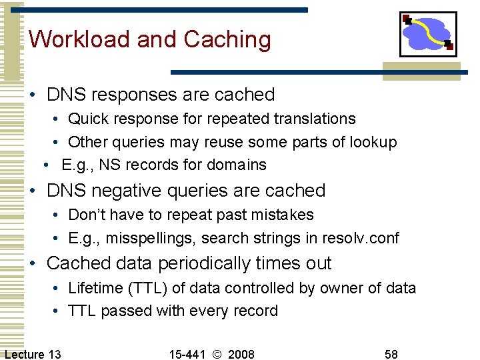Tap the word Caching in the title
click(x=227, y=40)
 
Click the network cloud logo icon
click(x=428, y=34)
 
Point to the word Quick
click(x=88, y=119)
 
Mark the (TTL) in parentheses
click(x=151, y=288)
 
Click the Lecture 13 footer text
click(x=32, y=353)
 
